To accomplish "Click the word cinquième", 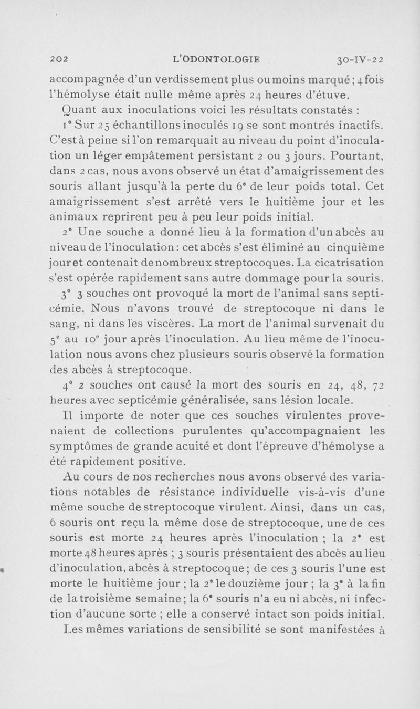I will [x=359, y=247].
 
